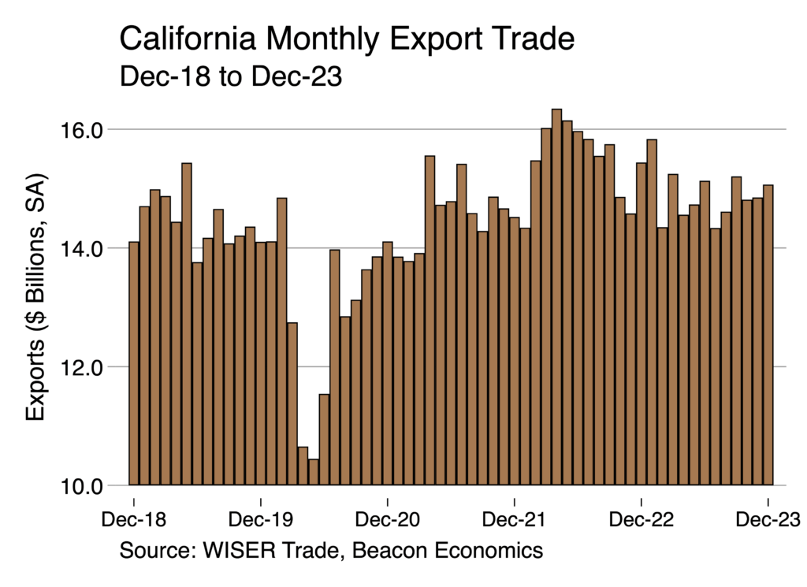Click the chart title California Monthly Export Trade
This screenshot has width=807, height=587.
[x=347, y=39]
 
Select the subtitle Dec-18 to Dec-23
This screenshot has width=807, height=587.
[x=230, y=76]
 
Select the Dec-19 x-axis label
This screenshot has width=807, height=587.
[x=260, y=520]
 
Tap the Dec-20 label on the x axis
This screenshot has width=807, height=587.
[x=387, y=520]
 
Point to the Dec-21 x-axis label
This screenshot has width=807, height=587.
[x=514, y=520]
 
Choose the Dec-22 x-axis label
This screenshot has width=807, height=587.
[x=642, y=520]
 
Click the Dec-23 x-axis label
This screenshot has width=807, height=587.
[x=768, y=520]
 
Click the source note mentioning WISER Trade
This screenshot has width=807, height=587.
[x=331, y=549]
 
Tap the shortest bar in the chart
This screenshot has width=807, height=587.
[x=314, y=472]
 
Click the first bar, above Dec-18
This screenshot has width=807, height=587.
[x=134, y=363]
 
